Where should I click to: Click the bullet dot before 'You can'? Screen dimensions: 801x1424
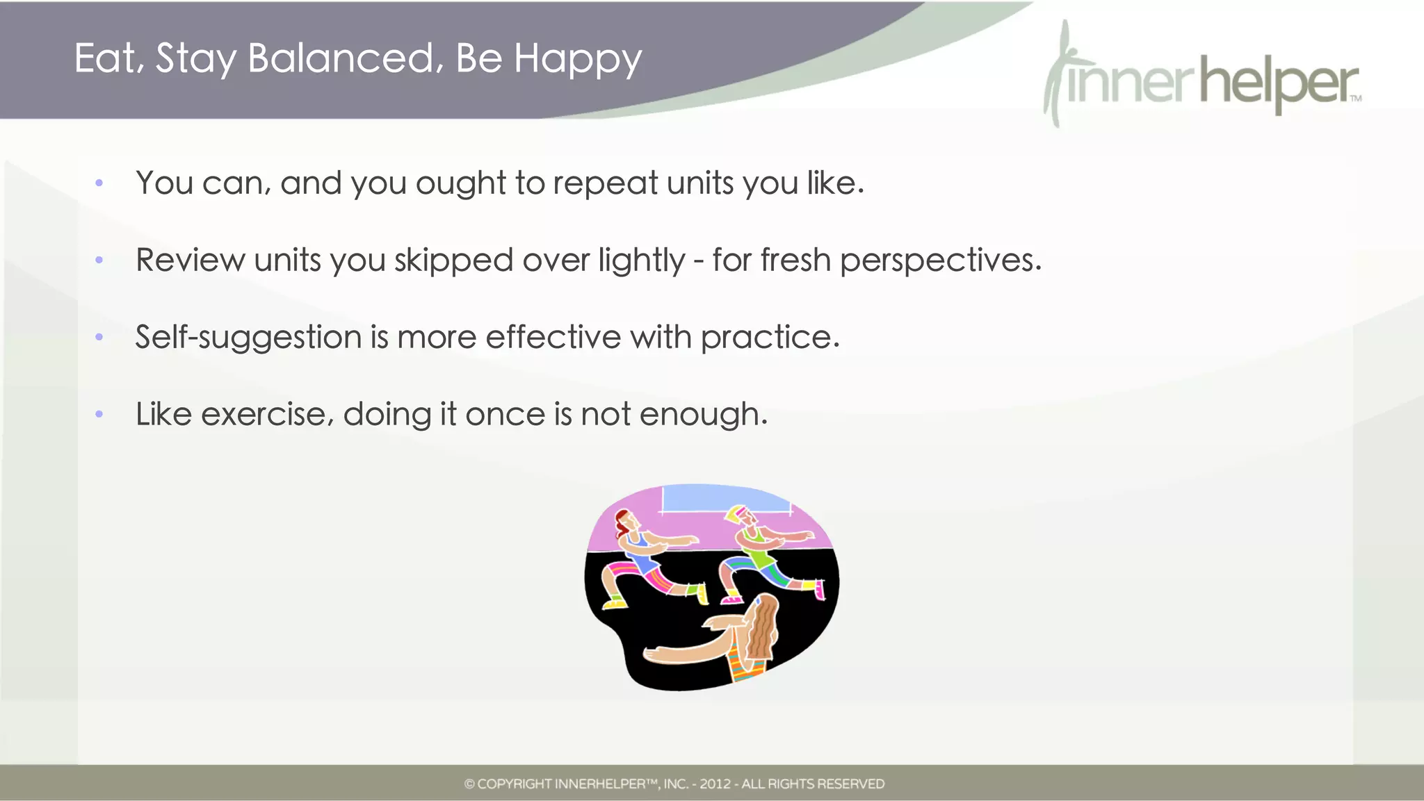(99, 183)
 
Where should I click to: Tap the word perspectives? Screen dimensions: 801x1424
(940, 261)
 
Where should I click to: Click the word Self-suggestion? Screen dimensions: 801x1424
(248, 338)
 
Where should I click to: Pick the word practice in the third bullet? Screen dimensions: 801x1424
(770, 338)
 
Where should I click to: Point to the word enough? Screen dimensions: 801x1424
(703, 415)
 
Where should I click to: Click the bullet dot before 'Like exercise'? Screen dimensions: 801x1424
(99, 415)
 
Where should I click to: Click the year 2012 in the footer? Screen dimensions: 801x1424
(715, 784)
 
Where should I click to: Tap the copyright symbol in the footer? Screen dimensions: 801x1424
(469, 784)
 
